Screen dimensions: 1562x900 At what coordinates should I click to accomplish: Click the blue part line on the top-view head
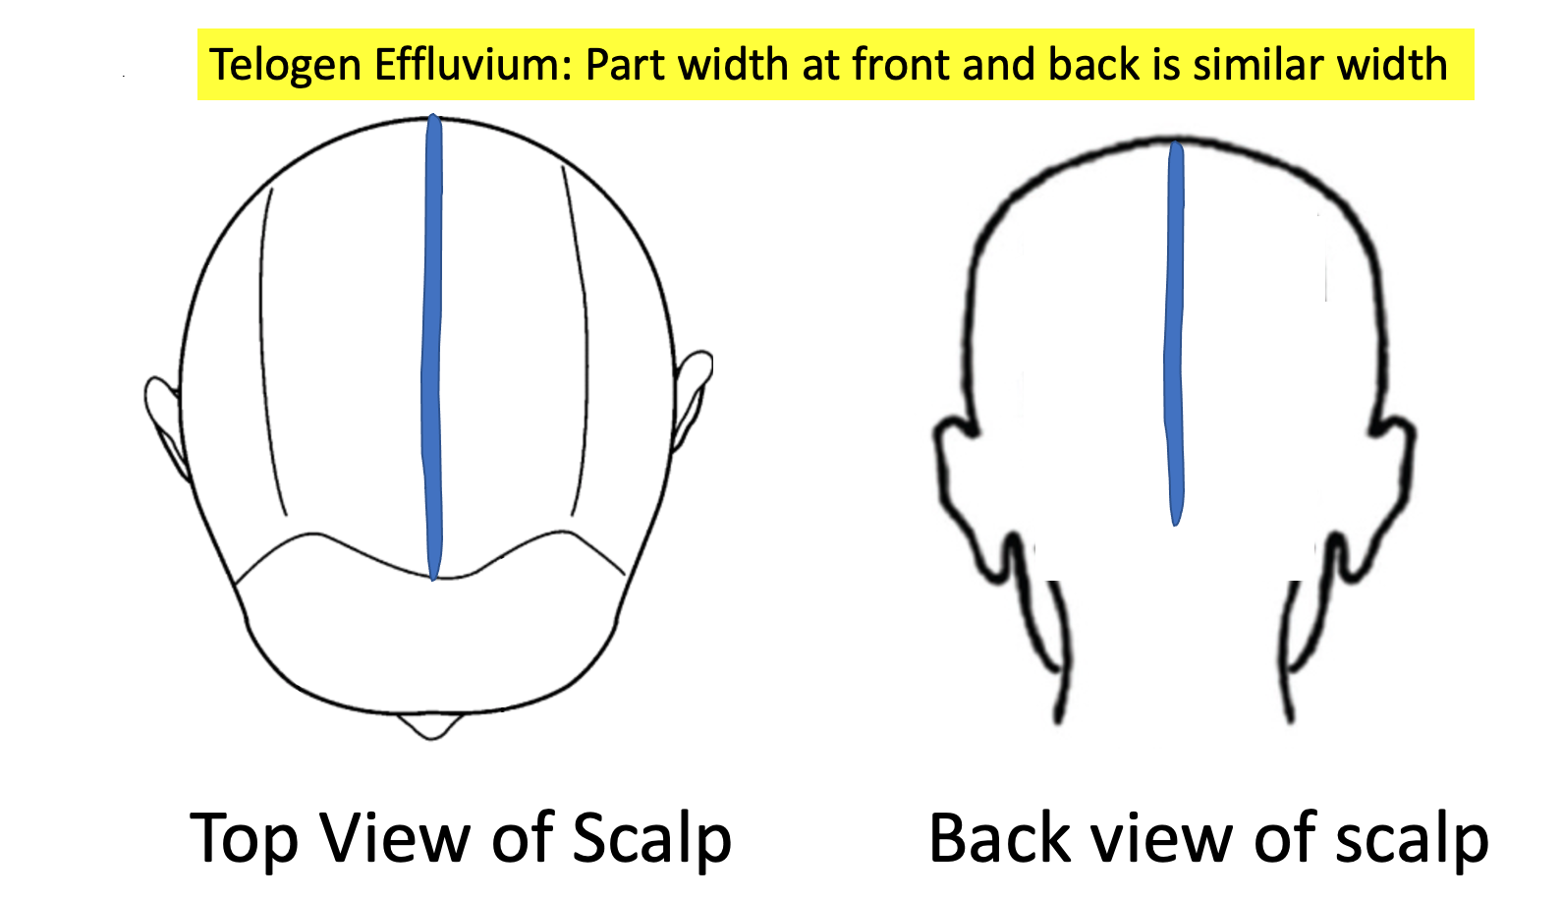click(432, 344)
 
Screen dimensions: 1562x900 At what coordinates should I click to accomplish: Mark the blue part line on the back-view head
click(1175, 334)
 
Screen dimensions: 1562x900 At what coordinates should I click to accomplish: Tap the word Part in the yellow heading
click(629, 66)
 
